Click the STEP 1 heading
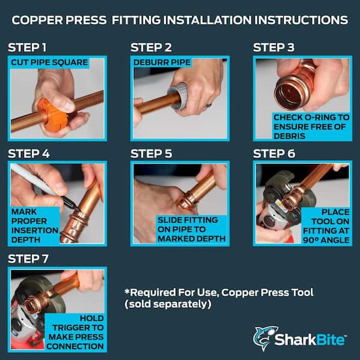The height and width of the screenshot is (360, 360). (27, 47)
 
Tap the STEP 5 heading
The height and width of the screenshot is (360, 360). (151, 154)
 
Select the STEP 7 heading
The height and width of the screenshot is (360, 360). (28, 259)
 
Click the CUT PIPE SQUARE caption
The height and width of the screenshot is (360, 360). (49, 62)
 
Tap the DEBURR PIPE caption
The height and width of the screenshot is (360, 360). (162, 62)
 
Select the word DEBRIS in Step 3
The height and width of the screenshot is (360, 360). (290, 136)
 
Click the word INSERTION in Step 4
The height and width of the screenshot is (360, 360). (35, 230)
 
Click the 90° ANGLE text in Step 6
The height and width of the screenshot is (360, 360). (326, 240)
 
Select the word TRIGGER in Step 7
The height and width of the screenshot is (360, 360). (78, 328)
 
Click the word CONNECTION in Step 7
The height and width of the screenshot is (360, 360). (75, 346)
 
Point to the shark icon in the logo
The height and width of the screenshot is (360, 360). (264, 338)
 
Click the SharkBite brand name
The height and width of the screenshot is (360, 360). (310, 340)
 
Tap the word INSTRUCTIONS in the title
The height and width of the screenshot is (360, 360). (301, 20)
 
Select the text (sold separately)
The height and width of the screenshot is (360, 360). (168, 304)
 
